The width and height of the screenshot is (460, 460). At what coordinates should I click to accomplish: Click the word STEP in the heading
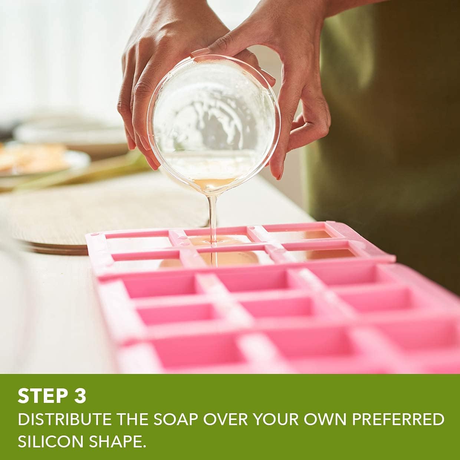pos(41,396)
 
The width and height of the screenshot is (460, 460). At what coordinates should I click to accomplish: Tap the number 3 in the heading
pos(78,396)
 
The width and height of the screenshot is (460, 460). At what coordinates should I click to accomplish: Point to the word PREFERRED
pos(398,419)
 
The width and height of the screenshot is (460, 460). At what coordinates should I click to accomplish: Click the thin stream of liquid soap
pos(213,224)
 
